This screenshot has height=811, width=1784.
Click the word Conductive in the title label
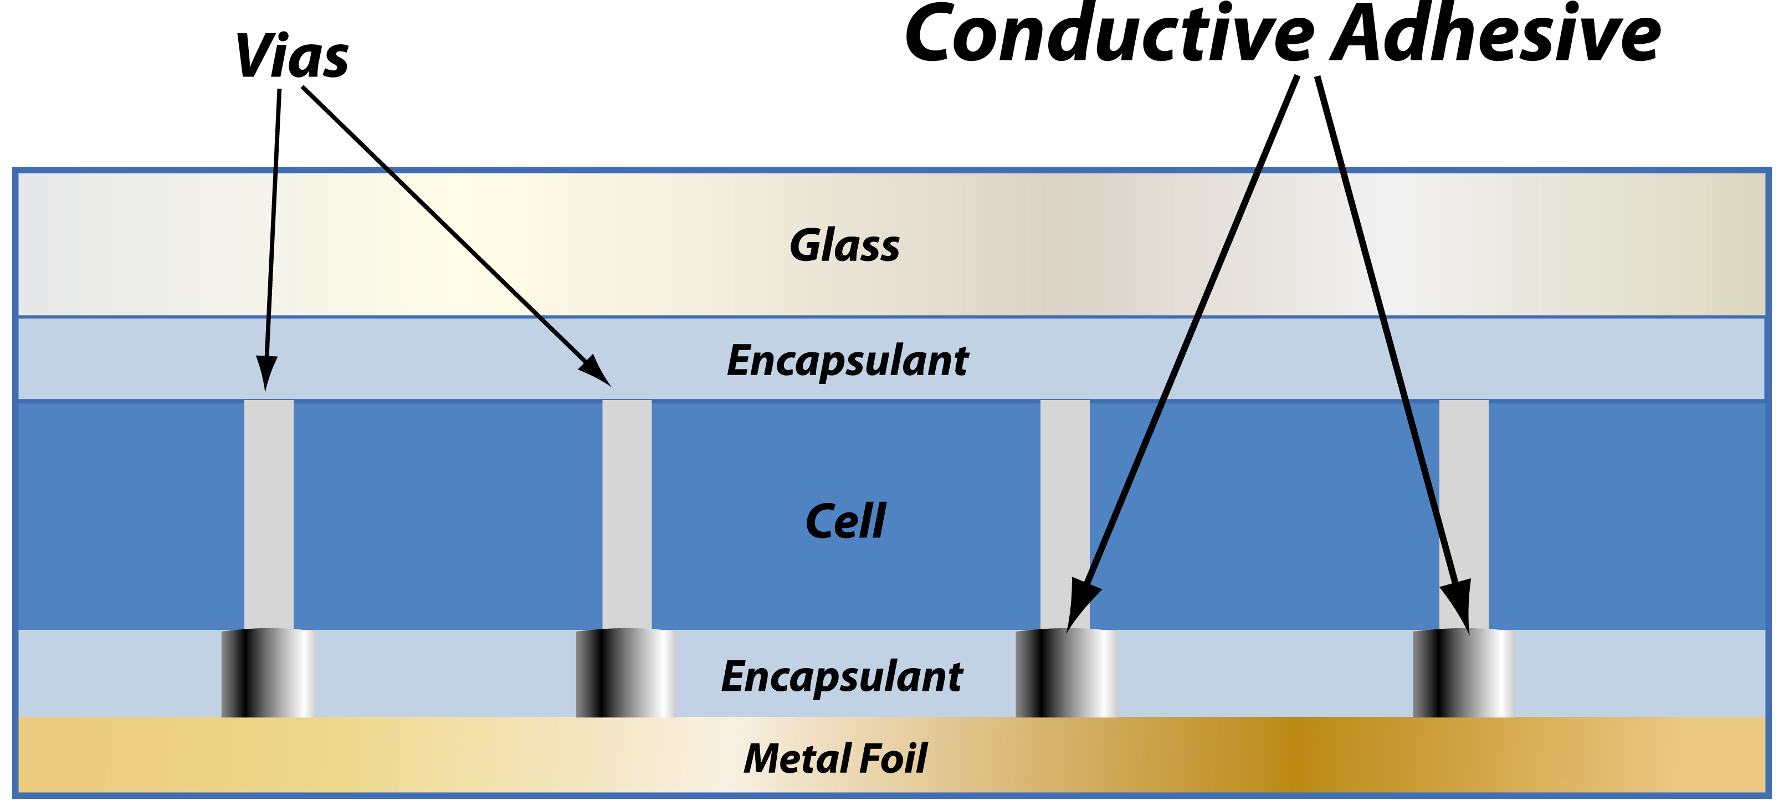[1108, 35]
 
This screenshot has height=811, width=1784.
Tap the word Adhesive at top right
[1496, 35]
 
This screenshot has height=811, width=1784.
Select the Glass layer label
[844, 246]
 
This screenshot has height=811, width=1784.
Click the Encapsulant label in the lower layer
[842, 676]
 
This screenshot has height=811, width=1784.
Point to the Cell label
[845, 521]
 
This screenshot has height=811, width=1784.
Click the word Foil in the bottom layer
[893, 758]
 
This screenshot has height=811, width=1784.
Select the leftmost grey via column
[269, 512]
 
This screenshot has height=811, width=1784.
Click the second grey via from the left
[627, 512]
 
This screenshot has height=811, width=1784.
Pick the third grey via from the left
[1064, 499]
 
